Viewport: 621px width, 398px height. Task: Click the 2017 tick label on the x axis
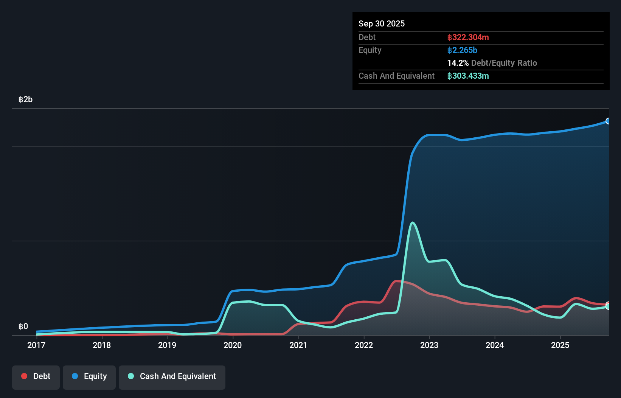pyautogui.click(x=36, y=345)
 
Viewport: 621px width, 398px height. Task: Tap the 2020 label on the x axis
pyautogui.click(x=233, y=345)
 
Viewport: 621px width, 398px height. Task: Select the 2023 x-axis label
pyautogui.click(x=429, y=345)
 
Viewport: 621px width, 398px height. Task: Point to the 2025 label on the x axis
pyautogui.click(x=560, y=345)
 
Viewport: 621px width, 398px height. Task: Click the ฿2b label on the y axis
pyautogui.click(x=25, y=99)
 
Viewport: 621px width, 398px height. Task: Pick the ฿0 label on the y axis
pyautogui.click(x=23, y=326)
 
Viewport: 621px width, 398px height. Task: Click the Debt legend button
pyautogui.click(x=36, y=376)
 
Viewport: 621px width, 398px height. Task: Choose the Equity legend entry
pyautogui.click(x=89, y=376)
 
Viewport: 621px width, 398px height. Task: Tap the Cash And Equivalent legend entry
pyautogui.click(x=172, y=376)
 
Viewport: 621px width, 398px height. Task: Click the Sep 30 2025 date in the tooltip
pyautogui.click(x=382, y=23)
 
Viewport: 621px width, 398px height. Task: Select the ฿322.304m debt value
pyautogui.click(x=468, y=37)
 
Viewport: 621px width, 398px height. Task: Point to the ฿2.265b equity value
pyautogui.click(x=462, y=50)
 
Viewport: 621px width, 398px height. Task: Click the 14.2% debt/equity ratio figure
pyautogui.click(x=458, y=63)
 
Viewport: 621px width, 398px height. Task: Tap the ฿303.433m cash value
pyautogui.click(x=468, y=76)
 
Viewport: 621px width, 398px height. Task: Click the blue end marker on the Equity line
pyautogui.click(x=608, y=121)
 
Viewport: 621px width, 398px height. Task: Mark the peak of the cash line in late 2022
pyautogui.click(x=412, y=223)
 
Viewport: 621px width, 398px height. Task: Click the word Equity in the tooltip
pyautogui.click(x=370, y=50)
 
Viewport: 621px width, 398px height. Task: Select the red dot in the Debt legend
pyautogui.click(x=24, y=376)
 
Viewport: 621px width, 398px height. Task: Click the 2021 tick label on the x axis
pyautogui.click(x=298, y=345)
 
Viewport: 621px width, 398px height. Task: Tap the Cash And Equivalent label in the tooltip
pyautogui.click(x=396, y=76)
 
